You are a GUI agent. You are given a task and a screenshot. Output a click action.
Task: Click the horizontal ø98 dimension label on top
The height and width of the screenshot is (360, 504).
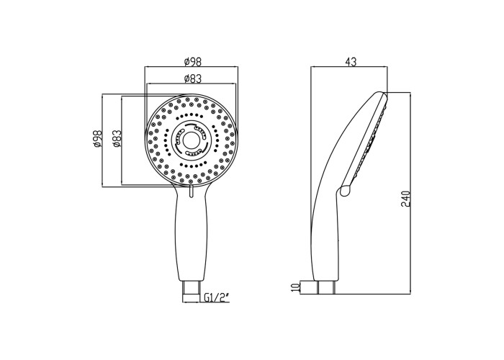pos(193,61)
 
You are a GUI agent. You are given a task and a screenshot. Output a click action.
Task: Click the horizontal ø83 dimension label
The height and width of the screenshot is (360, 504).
pos(193,78)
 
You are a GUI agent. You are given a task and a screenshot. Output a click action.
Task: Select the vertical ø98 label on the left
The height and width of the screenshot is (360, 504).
pos(97,139)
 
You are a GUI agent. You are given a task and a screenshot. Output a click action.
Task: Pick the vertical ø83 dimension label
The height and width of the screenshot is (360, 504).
pos(117,139)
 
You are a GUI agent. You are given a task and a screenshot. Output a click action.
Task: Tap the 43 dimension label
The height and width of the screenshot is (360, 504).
pos(351,62)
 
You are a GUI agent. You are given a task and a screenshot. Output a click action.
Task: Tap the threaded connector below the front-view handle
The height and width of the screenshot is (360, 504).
pos(192,292)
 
